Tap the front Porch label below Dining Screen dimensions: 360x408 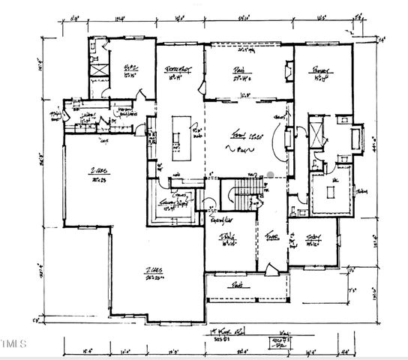coord(239,285)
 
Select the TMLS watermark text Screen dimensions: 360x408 coord(13,344)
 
